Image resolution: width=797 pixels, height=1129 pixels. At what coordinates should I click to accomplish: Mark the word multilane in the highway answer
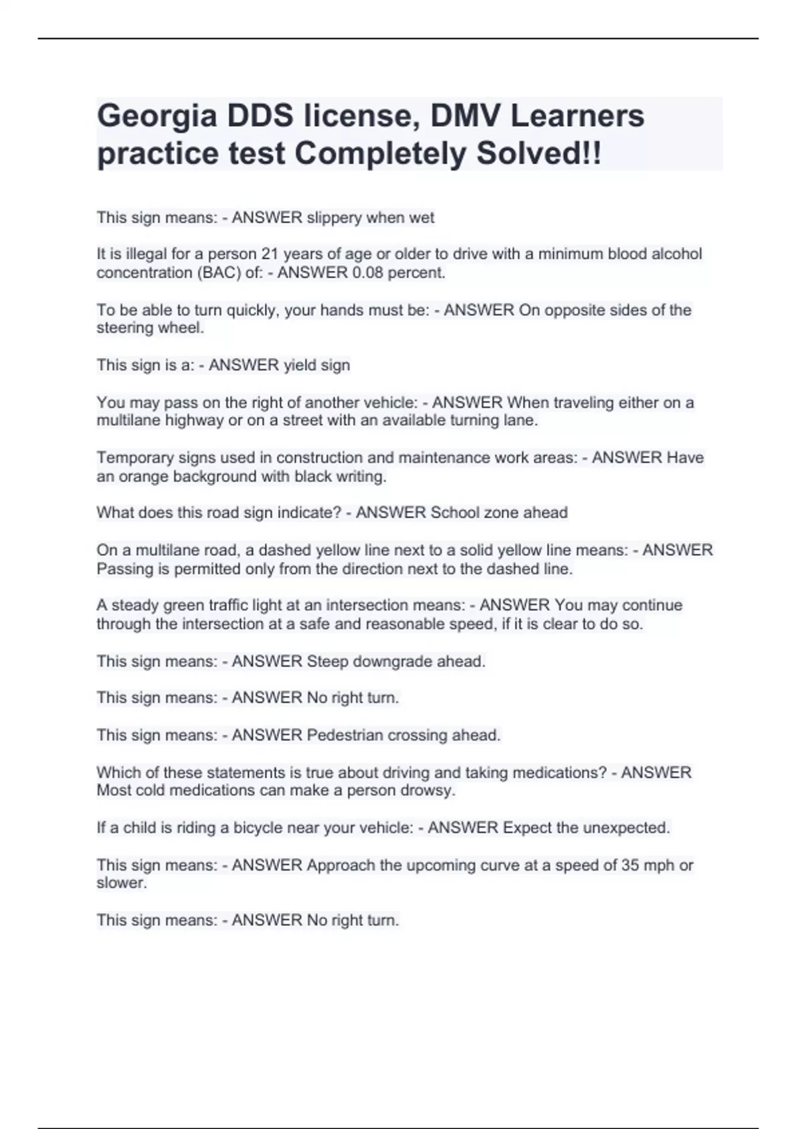[128, 420]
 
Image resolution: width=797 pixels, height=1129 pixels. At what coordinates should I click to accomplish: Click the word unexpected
[626, 828]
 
